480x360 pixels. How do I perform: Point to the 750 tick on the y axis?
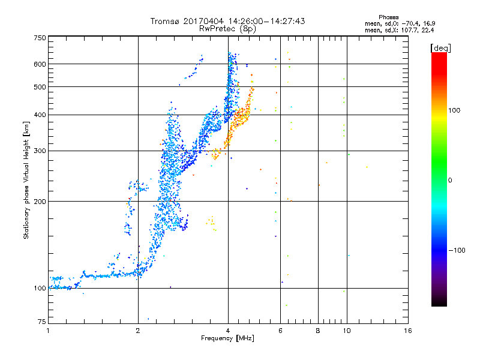click(x=40, y=38)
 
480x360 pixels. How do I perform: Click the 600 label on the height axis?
click(x=40, y=64)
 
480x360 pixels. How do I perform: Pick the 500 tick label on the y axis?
click(x=40, y=87)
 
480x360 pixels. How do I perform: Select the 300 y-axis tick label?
click(x=40, y=151)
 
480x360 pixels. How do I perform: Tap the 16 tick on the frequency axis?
click(x=407, y=331)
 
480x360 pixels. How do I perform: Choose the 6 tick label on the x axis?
click(x=280, y=331)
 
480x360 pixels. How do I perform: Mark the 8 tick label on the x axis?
click(x=318, y=331)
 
